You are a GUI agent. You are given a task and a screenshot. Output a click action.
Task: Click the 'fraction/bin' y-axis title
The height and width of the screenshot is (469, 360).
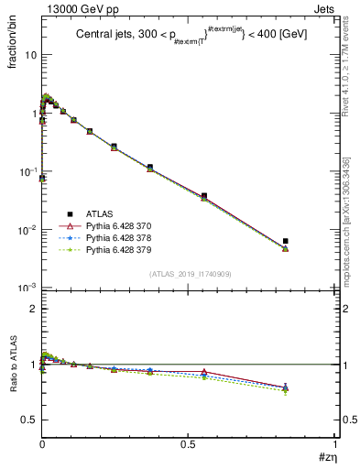click(x=21, y=39)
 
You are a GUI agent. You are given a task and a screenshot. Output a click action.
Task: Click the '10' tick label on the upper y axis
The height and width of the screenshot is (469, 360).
click(x=30, y=55)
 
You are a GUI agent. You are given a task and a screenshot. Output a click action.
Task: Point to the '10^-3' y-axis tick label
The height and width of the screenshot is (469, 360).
click(x=27, y=288)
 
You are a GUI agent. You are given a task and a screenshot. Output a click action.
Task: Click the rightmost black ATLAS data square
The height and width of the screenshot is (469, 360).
click(x=286, y=241)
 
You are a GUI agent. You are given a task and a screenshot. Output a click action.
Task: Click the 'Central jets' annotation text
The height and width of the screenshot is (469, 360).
click(x=105, y=36)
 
